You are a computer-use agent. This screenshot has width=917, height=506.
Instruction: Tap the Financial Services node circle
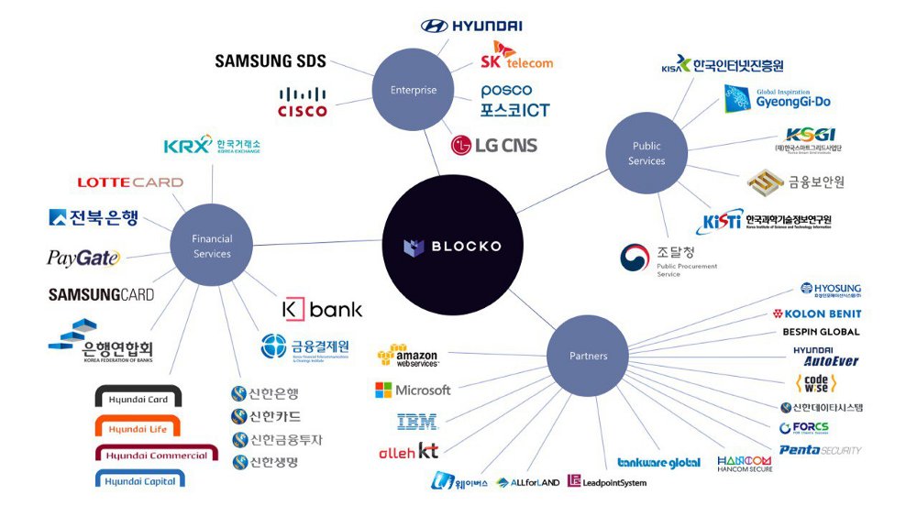click(212, 246)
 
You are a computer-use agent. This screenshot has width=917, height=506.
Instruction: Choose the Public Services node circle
click(646, 153)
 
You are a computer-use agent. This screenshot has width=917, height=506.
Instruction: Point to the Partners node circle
click(588, 356)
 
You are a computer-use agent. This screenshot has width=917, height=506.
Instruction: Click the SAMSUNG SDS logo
click(271, 61)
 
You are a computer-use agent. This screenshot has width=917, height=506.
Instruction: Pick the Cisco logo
click(303, 102)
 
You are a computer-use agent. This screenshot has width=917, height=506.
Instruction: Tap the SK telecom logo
click(516, 55)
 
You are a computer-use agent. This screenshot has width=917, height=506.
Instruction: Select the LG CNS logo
click(493, 145)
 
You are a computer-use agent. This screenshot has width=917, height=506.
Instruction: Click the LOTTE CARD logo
click(129, 182)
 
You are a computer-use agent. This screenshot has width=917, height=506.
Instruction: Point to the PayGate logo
click(83, 258)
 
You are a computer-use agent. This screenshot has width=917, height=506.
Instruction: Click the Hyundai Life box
click(138, 428)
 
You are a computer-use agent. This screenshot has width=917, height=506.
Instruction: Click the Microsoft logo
click(413, 390)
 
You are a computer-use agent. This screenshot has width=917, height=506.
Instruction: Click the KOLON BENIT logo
click(816, 313)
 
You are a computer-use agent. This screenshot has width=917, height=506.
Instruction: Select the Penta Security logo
click(820, 450)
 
